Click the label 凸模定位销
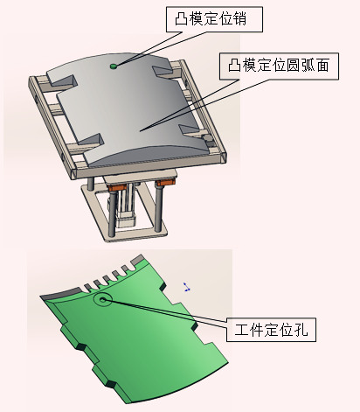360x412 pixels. tap(211, 19)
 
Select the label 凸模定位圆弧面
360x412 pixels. tap(279, 66)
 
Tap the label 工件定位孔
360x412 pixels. tap(271, 330)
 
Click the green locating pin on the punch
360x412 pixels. tap(114, 66)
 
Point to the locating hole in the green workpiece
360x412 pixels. tap(102, 299)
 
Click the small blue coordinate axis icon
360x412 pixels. tap(186, 287)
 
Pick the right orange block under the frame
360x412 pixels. tap(165, 183)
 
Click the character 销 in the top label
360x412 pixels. tap(239, 19)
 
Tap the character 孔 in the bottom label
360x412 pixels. tap(301, 330)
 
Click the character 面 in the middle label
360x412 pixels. tap(322, 66)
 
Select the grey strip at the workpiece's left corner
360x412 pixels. tap(60, 294)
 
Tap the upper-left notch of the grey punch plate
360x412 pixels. tap(65, 82)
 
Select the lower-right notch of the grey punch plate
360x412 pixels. tap(190, 130)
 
